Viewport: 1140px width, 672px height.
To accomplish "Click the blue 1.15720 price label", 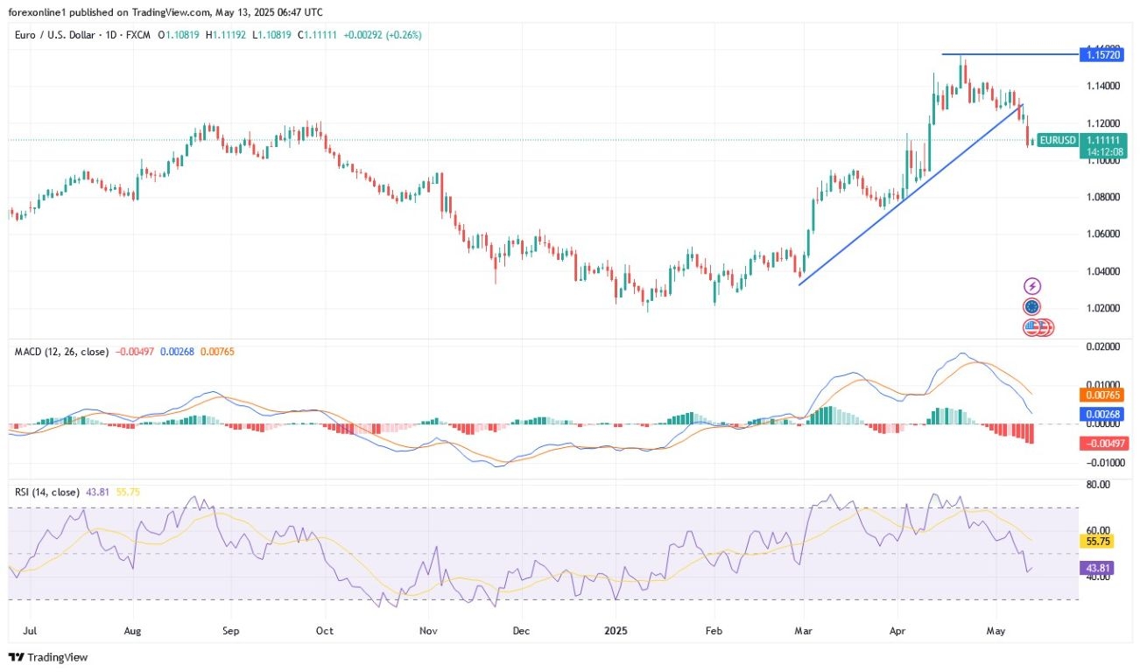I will tap(1104, 54).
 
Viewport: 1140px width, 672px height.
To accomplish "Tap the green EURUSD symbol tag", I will tap(1058, 140).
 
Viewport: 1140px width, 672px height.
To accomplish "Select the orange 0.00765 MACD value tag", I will tap(1104, 395).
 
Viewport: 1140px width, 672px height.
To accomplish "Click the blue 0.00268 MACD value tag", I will tap(1104, 414).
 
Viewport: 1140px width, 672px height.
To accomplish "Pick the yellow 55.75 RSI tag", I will tap(1099, 542).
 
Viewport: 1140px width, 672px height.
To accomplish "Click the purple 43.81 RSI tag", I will tap(1099, 567).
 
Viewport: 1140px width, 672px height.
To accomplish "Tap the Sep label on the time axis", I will tap(230, 629).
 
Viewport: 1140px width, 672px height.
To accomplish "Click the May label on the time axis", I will tap(996, 629).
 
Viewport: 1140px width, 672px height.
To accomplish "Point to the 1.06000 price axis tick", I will tap(1104, 234).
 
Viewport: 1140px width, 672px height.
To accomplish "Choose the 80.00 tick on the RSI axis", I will tap(1098, 484).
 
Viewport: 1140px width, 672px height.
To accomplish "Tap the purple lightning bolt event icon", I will tap(1032, 286).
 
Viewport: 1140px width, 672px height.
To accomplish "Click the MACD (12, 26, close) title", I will tap(61, 352).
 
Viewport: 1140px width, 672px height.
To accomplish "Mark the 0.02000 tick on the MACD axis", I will tap(1104, 347).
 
